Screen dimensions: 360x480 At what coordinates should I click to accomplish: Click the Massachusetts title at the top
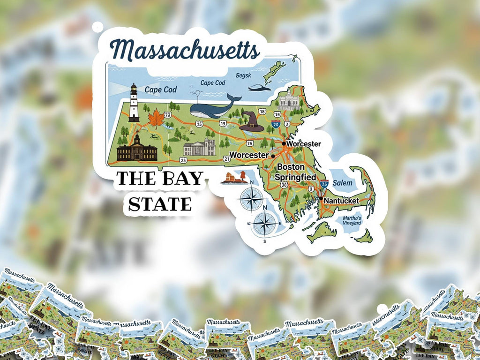coord(185,50)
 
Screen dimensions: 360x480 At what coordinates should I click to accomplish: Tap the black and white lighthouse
coord(134,103)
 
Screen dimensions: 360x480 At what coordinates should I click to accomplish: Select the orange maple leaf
coord(156,119)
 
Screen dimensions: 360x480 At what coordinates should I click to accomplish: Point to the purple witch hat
coord(252,122)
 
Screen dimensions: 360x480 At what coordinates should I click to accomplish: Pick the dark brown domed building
coord(136,149)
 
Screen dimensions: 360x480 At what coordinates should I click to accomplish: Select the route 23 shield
coord(183,160)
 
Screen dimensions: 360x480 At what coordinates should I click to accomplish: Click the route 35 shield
coord(250,143)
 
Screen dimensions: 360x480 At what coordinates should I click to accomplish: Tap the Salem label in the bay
coord(342,183)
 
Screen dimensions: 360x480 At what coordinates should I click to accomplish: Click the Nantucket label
coord(342,201)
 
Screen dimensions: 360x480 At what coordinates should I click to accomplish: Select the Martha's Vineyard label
coord(352,220)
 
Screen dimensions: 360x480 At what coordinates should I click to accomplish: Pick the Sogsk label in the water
coord(243,75)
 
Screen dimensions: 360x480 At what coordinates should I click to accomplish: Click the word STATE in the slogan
coord(160,204)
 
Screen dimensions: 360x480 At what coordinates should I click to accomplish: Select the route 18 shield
coord(262,111)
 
